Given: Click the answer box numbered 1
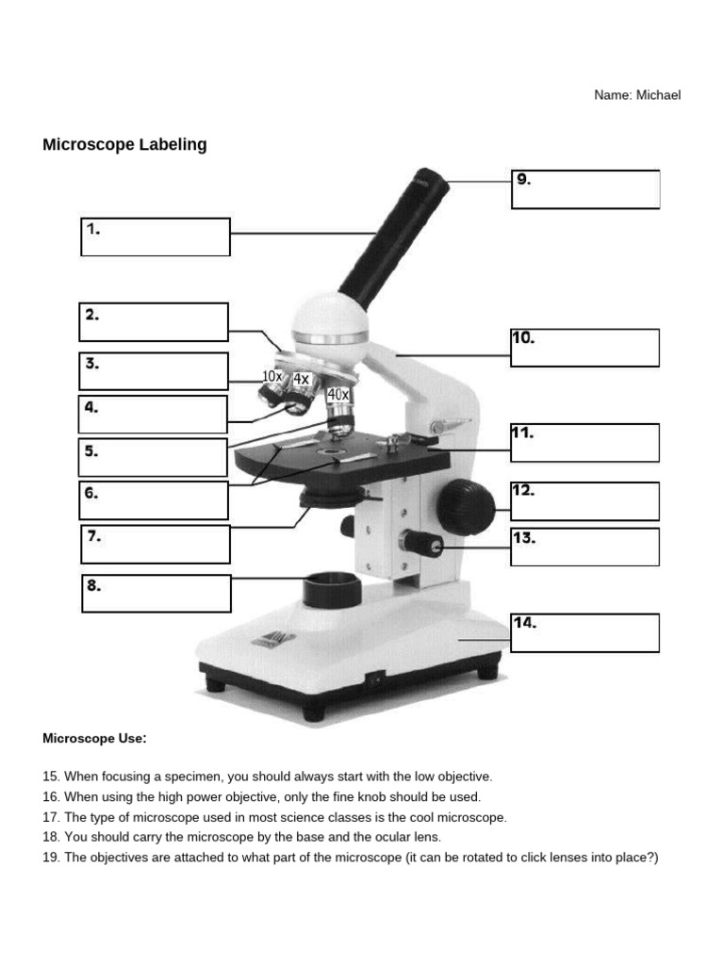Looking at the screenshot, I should tap(156, 237).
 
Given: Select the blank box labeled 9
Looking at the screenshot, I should tap(585, 189).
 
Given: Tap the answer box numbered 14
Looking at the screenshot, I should tap(584, 632).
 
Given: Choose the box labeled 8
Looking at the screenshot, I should tap(156, 594).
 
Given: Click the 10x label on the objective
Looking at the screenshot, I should tap(271, 376).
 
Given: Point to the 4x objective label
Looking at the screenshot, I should tap(301, 379).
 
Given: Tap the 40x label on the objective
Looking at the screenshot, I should tap(337, 394).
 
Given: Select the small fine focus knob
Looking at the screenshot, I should tap(421, 542).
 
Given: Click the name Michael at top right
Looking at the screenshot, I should tap(657, 95).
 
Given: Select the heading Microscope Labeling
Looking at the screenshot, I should tap(124, 145).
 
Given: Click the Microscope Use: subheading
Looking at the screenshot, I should tap(94, 738).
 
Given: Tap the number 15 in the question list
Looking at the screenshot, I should tap(50, 777).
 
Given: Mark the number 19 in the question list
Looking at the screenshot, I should tap(50, 857).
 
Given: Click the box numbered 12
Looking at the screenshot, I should tap(584, 500).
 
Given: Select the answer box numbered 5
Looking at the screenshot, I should tap(153, 457).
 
